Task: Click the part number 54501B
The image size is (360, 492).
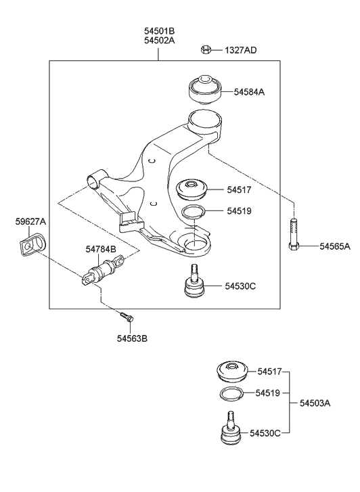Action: [x=159, y=30]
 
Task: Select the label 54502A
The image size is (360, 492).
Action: [x=159, y=41]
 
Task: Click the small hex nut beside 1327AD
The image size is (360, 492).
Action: [x=206, y=49]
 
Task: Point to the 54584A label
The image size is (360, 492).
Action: [x=250, y=91]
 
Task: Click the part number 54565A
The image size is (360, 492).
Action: [x=335, y=246]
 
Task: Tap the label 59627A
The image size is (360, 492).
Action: [x=30, y=221]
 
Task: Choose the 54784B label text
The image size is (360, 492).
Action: [x=101, y=249]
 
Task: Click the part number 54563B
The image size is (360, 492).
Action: [x=131, y=338]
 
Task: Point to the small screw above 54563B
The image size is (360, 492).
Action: [x=126, y=316]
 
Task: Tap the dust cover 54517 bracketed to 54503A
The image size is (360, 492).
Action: [x=231, y=372]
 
